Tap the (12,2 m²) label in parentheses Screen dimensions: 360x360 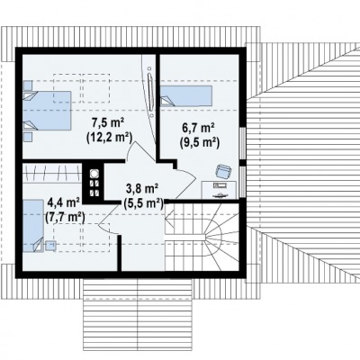tap(109, 138)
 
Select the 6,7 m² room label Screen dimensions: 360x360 tap(198, 129)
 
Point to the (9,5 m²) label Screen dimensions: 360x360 tap(200, 142)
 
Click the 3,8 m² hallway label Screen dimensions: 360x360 tap(142, 190)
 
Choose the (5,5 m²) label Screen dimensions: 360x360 tap(143, 203)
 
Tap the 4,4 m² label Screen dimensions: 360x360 tap(64, 202)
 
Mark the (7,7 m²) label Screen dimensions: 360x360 tap(65, 217)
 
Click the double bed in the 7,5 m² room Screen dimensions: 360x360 tap(47, 111)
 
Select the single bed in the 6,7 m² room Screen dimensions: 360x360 tap(186, 96)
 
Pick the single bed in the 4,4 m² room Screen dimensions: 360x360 tap(33, 226)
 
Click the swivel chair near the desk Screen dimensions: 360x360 tap(223, 172)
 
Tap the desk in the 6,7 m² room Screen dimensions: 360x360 tap(219, 190)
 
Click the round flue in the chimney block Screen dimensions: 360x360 tap(94, 174)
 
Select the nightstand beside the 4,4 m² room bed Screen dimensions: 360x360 tap(50, 246)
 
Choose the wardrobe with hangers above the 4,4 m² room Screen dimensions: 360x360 tap(52, 173)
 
